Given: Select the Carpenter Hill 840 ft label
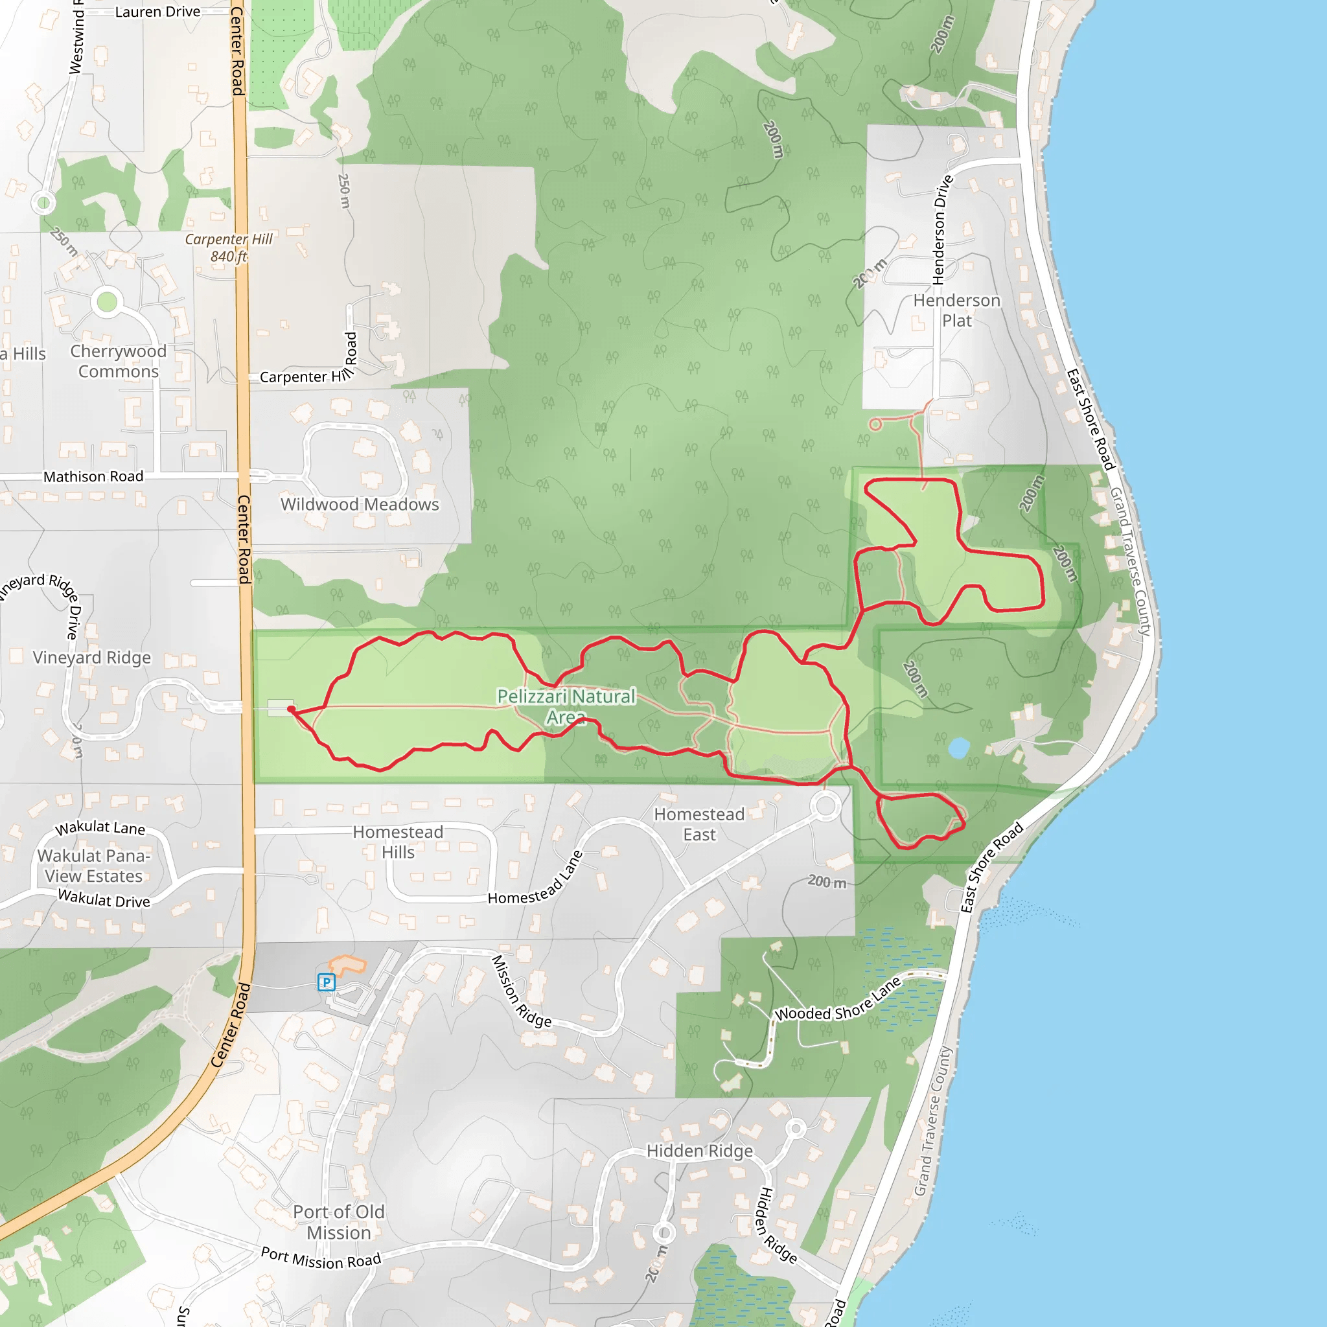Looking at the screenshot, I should (229, 248).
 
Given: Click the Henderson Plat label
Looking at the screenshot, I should (956, 310).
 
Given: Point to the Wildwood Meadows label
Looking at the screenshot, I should (359, 504).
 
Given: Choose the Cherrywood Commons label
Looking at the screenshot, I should (118, 362).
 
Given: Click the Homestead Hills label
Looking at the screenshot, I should (398, 842).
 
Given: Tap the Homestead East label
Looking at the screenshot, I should (699, 824).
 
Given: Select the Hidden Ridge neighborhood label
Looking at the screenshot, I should (699, 1151).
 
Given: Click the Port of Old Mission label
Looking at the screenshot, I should (339, 1222).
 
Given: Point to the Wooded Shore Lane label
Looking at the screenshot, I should (838, 1000).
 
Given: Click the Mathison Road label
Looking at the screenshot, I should (93, 477).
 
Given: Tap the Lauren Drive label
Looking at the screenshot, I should (157, 12).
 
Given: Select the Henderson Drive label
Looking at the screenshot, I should (942, 229).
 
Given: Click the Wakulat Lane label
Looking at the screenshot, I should (100, 827).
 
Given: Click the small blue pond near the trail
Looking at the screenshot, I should (958, 747).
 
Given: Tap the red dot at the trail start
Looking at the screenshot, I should (291, 709).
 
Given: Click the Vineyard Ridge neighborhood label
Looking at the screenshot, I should (91, 657).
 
